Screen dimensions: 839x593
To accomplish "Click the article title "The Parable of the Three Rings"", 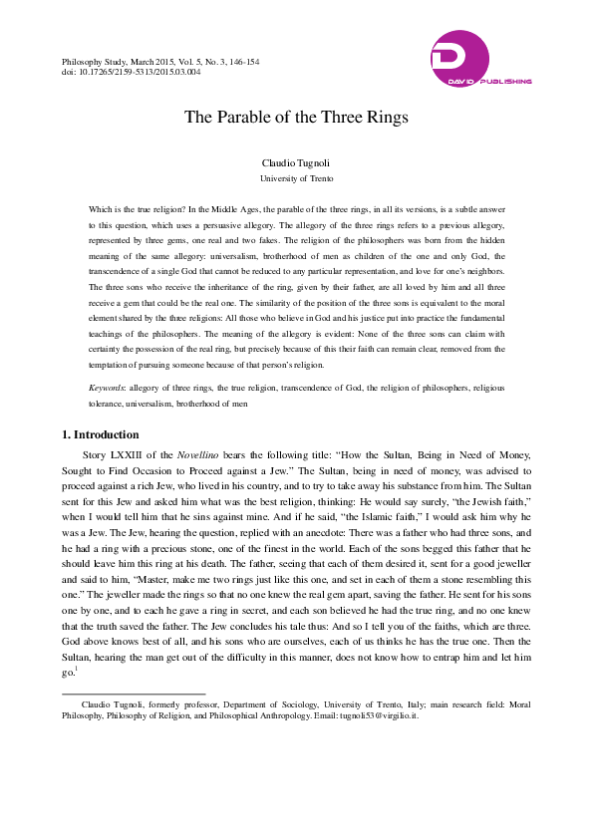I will pyautogui.click(x=296, y=117).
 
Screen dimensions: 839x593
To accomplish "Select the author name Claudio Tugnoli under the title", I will pyautogui.click(x=296, y=162).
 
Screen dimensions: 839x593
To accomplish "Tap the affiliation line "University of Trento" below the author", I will pyautogui.click(x=296, y=178).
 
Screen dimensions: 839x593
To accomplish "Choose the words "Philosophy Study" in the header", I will pyautogui.click(x=92, y=62).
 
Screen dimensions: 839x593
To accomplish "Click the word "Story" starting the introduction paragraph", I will pyautogui.click(x=97, y=455).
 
